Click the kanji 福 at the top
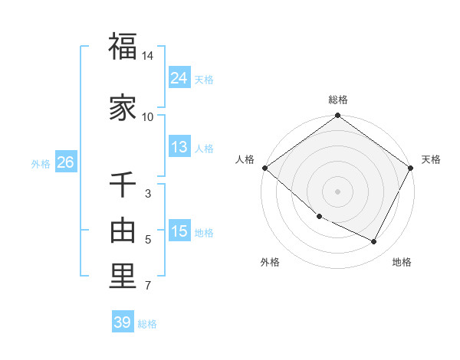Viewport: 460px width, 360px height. (122, 47)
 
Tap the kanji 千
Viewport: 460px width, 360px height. (122, 185)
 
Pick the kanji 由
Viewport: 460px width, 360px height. (122, 230)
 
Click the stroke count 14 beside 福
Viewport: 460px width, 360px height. (148, 56)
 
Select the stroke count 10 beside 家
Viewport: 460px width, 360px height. (148, 116)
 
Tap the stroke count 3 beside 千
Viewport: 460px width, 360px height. (148, 194)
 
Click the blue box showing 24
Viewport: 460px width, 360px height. (179, 77)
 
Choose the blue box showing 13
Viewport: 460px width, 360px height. (179, 147)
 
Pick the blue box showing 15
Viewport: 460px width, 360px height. (179, 232)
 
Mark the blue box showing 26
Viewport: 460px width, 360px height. (64, 162)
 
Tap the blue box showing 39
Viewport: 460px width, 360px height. (122, 322)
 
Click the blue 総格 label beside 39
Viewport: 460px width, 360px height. (147, 324)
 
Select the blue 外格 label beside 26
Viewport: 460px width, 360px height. (41, 164)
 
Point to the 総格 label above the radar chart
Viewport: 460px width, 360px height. (338, 100)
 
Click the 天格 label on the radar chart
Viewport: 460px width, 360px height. (431, 159)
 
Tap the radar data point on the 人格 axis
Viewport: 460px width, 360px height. (264, 168)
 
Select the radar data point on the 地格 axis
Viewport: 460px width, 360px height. (374, 242)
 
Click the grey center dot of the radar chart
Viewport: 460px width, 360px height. (337, 191)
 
